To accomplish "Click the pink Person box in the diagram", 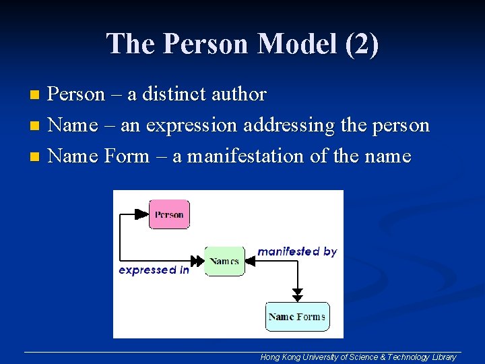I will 169,214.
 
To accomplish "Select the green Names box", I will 224,261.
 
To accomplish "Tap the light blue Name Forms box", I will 297,317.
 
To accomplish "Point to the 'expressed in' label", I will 154,270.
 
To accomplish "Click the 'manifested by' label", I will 297,251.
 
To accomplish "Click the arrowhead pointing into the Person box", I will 141,214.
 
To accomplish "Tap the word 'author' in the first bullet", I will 239,94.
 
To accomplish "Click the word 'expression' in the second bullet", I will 191,126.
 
